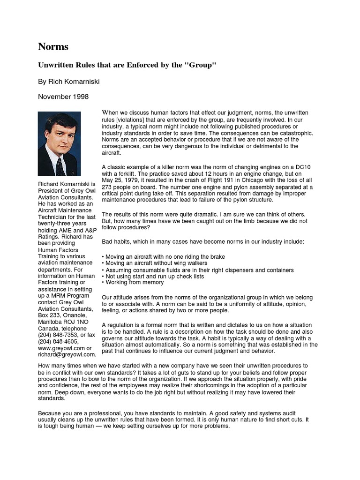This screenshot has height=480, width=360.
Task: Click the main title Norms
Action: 53,47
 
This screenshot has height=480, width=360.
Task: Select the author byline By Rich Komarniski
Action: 68,82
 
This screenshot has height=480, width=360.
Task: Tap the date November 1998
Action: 63,97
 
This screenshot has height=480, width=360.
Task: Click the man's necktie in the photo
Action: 59,166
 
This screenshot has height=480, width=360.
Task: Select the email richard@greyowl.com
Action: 67,355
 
